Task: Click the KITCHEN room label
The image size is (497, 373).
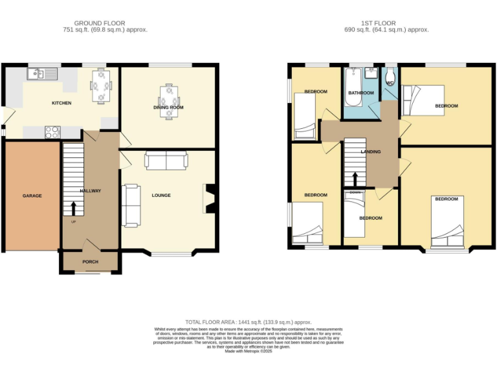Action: [61, 103]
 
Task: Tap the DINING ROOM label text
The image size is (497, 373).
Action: [168, 107]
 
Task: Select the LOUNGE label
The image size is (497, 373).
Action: [161, 195]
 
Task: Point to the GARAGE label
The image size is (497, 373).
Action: [32, 196]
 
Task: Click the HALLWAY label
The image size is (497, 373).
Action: [90, 191]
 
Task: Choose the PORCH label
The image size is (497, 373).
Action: [90, 262]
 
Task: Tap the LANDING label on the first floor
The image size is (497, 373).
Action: [371, 152]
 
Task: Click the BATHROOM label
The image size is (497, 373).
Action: [360, 93]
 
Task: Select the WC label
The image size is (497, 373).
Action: [390, 84]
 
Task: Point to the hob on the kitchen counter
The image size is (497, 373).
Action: [52, 132]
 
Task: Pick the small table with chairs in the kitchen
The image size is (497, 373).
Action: [100, 86]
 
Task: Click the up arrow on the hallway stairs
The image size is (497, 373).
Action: [73, 208]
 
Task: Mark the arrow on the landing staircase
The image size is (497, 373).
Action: [355, 179]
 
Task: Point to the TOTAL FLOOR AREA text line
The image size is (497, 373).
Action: [248, 322]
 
